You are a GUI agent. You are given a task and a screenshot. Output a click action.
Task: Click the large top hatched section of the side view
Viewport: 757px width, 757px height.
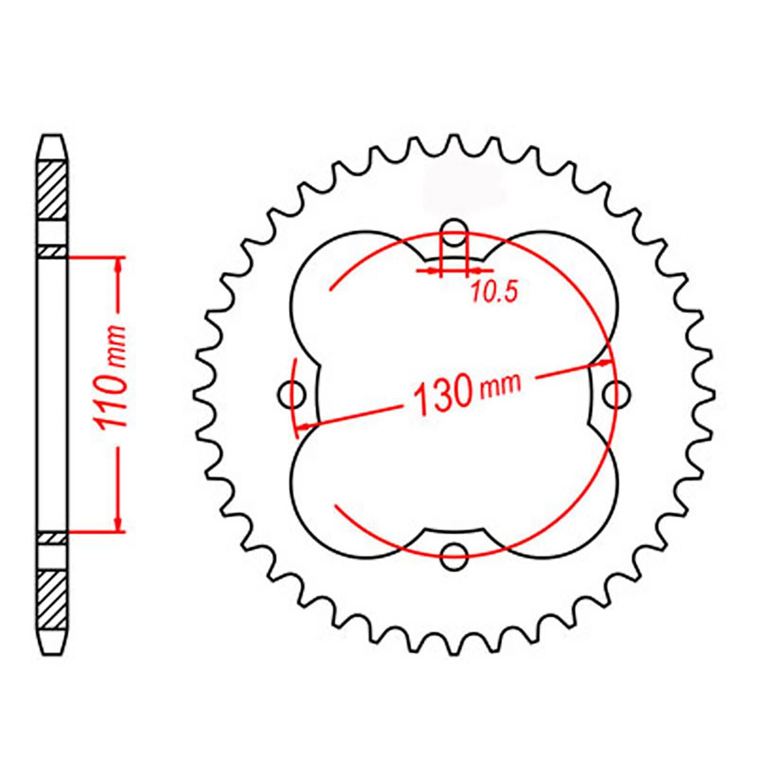point(52,189)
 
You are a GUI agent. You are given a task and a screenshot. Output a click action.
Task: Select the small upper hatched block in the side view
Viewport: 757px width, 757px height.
point(52,252)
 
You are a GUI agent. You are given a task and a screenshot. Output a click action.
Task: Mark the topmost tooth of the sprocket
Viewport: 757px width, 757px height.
point(454,142)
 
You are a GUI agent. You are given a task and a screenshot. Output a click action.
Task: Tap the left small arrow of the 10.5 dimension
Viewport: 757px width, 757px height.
point(432,271)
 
